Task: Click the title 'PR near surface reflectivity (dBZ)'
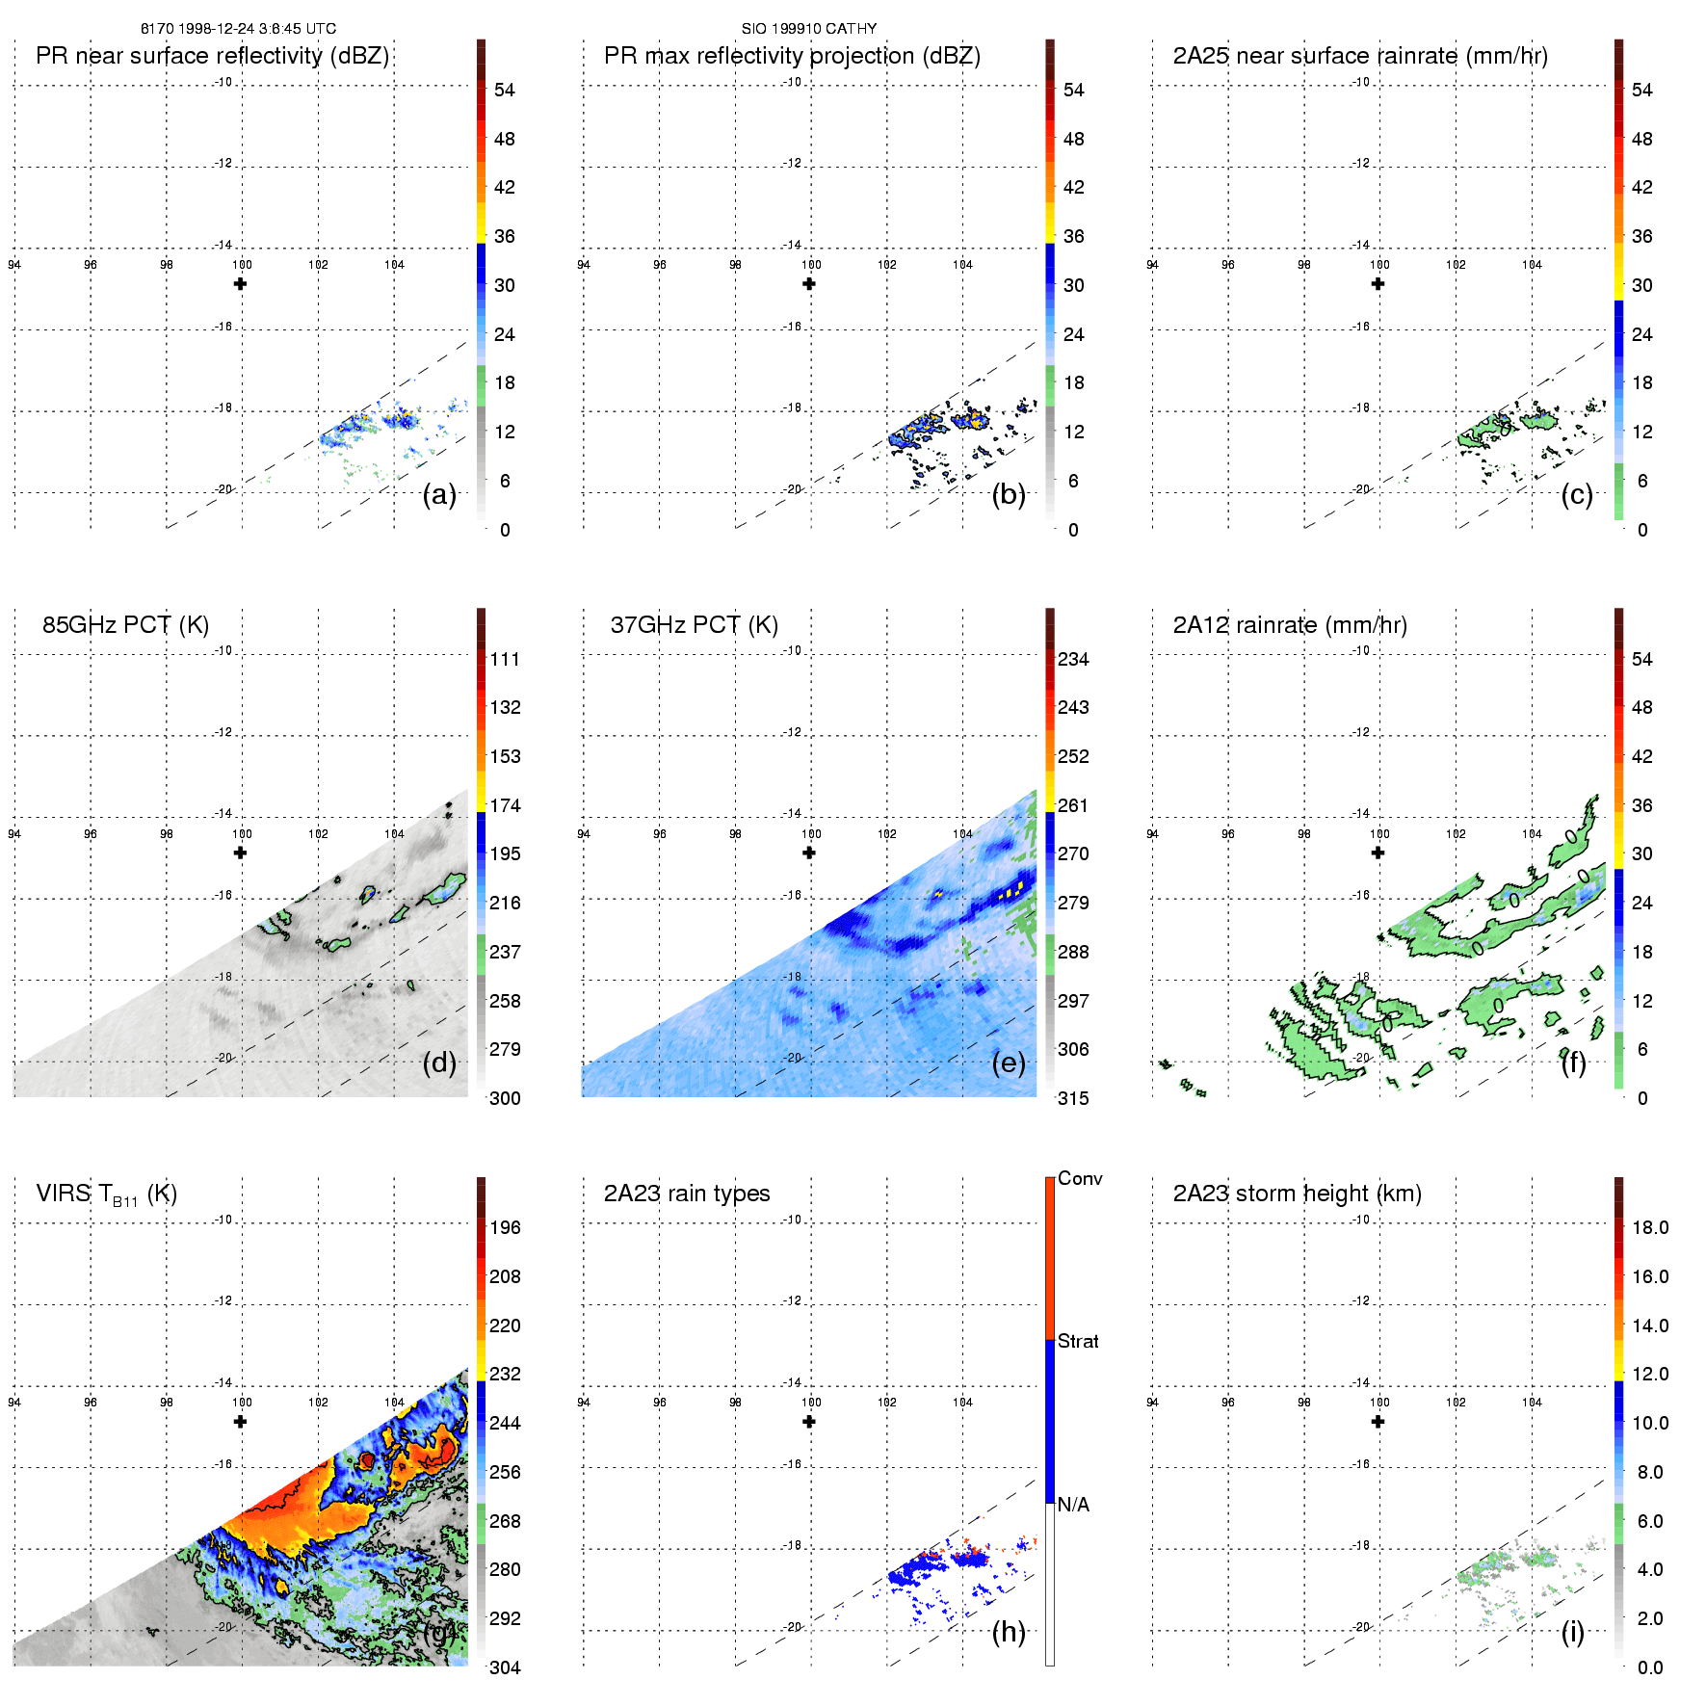(x=212, y=56)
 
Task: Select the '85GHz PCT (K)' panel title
(x=125, y=625)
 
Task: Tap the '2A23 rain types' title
(x=687, y=1194)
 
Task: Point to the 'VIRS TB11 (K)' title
(x=106, y=1194)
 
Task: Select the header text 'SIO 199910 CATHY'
(x=809, y=29)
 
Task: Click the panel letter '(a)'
(x=439, y=495)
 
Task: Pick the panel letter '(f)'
(x=1573, y=1063)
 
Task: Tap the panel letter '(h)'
(x=1009, y=1631)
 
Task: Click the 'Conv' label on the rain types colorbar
(x=1080, y=1178)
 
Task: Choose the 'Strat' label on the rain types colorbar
(x=1078, y=1341)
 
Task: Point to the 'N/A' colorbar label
(x=1073, y=1505)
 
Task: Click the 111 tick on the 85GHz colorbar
(x=505, y=660)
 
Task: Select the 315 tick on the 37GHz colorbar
(x=1073, y=1098)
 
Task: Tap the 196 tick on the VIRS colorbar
(x=505, y=1228)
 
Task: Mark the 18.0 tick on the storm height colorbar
(x=1650, y=1228)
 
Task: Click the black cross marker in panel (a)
(x=241, y=284)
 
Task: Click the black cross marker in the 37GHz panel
(x=809, y=853)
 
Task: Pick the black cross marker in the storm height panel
(x=1378, y=1422)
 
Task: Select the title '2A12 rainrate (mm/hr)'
(x=1290, y=625)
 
